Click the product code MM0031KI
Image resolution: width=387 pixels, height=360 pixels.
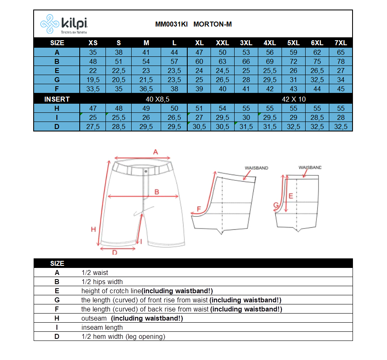coord(171,24)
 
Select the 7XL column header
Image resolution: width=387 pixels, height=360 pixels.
coord(340,43)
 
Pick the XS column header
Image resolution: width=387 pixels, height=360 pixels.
coord(93,43)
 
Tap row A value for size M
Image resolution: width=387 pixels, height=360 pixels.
coord(146,52)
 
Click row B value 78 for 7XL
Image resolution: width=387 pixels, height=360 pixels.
coord(340,61)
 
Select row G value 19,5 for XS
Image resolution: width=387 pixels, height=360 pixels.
coord(93,80)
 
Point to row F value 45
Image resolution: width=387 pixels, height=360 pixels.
coord(340,89)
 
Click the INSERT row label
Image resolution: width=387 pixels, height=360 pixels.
coord(57,99)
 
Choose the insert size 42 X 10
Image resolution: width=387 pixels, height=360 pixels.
coord(294,99)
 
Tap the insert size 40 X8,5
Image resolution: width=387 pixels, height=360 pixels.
coord(157,99)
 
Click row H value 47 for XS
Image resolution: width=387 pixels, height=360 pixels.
coord(93,108)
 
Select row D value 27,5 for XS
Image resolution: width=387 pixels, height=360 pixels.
coord(93,126)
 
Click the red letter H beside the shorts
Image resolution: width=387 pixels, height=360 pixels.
coord(93,229)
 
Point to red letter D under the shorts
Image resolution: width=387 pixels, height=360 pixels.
coord(115,252)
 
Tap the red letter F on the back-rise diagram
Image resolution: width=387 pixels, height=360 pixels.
coord(198,208)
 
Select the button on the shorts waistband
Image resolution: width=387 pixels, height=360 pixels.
coord(146,170)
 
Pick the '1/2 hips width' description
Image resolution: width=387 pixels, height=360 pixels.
coord(102,282)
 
